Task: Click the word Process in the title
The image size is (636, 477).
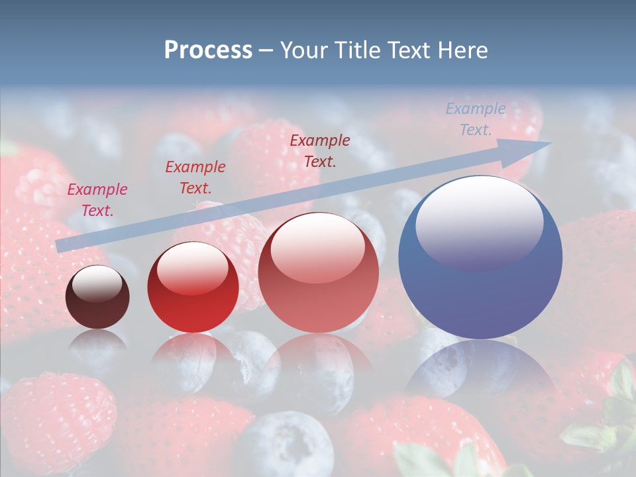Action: click(x=208, y=50)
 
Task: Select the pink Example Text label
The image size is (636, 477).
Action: click(x=97, y=199)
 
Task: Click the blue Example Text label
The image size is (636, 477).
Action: click(x=475, y=119)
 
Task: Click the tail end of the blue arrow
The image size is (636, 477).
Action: click(x=60, y=246)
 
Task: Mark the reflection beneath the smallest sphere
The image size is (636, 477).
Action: click(x=97, y=344)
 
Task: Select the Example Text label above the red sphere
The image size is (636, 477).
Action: click(x=195, y=177)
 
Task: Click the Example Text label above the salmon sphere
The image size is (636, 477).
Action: click(x=320, y=150)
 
